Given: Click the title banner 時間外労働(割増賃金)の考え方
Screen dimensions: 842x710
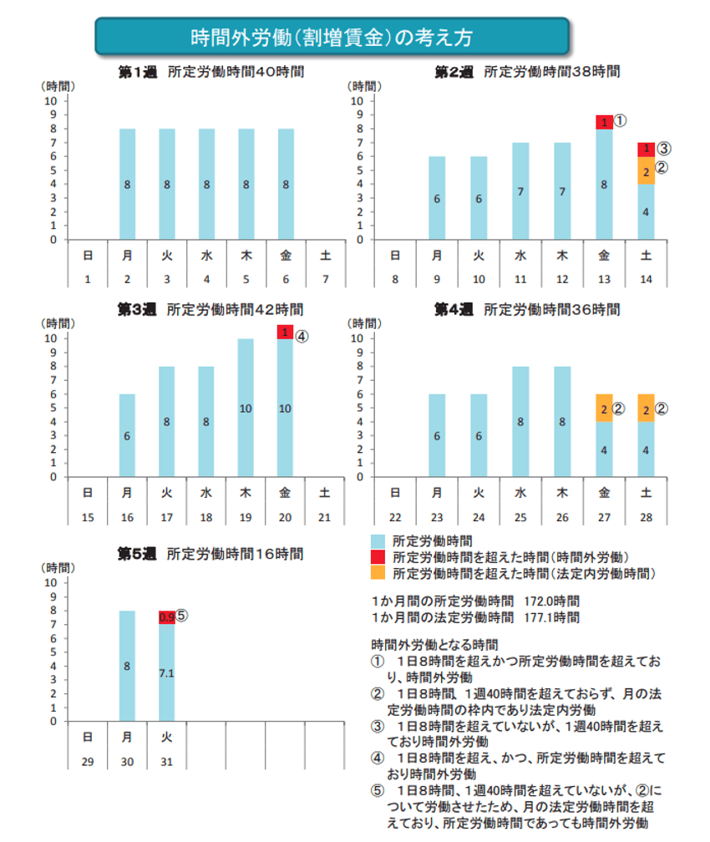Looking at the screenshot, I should pyautogui.click(x=332, y=38).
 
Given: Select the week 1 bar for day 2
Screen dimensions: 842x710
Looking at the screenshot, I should pyautogui.click(x=127, y=184).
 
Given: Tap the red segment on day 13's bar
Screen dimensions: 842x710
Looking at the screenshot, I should pyautogui.click(x=604, y=122).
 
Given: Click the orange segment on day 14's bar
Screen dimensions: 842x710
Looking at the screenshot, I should pyautogui.click(x=646, y=170).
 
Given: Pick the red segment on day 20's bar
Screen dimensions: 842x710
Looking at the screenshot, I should pyautogui.click(x=286, y=332).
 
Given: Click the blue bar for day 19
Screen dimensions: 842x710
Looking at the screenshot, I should pyautogui.click(x=246, y=408).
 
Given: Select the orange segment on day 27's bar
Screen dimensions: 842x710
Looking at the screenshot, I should pyautogui.click(x=604, y=408).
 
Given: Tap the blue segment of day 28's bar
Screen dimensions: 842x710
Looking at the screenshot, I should pyautogui.click(x=646, y=449).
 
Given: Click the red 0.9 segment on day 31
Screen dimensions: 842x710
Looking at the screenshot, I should pyautogui.click(x=166, y=617).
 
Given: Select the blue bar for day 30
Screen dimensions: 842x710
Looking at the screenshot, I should pyautogui.click(x=127, y=666).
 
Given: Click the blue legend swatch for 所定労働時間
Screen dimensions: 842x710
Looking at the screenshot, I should pyautogui.click(x=378, y=541).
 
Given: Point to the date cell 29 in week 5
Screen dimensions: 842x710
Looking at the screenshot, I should pyautogui.click(x=87, y=763).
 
